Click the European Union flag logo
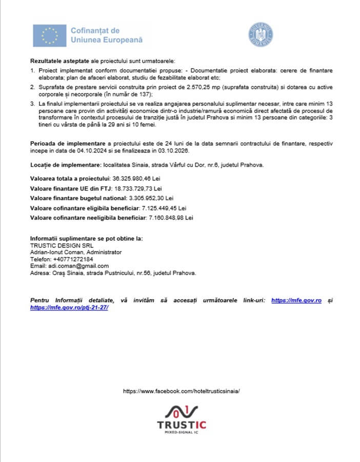50,35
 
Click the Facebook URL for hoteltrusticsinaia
182,391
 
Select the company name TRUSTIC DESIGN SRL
58,246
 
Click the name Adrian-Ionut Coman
57,253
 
